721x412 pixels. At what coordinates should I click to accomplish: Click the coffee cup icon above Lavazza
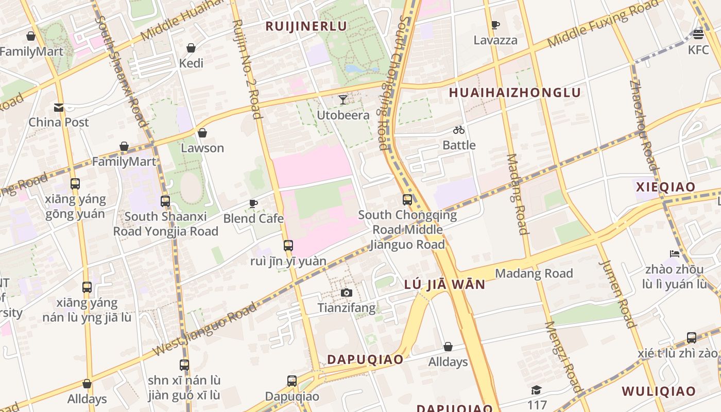click(x=495, y=25)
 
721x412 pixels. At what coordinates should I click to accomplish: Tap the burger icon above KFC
click(x=698, y=34)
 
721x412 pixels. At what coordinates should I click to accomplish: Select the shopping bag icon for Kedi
click(x=191, y=48)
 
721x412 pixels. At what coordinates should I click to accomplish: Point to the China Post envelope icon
click(x=59, y=107)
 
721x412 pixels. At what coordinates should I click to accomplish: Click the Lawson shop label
click(x=202, y=148)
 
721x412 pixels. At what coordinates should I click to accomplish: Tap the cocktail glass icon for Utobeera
click(x=343, y=99)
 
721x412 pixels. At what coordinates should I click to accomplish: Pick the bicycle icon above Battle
click(x=459, y=130)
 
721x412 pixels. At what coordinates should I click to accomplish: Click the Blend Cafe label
click(x=253, y=218)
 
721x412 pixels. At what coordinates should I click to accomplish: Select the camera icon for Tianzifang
click(x=347, y=293)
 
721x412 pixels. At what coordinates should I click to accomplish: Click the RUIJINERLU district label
click(x=306, y=26)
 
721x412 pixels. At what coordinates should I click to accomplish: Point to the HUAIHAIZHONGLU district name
click(x=515, y=93)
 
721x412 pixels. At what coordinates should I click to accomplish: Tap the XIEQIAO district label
click(x=665, y=186)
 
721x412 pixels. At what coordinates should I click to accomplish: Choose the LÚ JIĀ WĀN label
click(x=444, y=284)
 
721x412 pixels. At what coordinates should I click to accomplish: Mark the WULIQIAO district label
click(x=658, y=391)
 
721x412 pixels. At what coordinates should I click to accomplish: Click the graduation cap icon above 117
click(x=536, y=390)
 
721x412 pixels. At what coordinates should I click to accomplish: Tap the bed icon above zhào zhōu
click(x=675, y=253)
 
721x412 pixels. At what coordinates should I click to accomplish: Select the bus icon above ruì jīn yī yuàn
click(x=288, y=245)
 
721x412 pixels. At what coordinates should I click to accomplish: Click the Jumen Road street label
click(x=617, y=294)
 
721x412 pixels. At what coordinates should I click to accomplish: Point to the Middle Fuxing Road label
click(x=603, y=24)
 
